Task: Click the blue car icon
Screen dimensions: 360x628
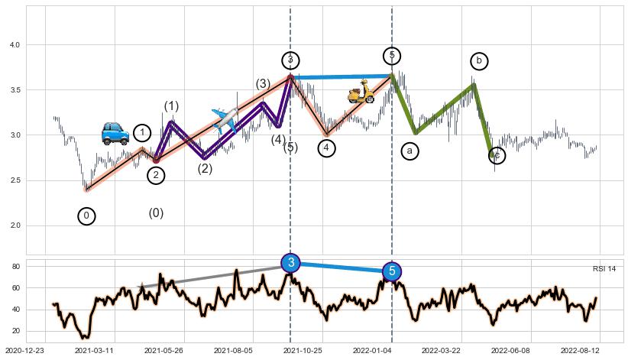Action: (x=115, y=133)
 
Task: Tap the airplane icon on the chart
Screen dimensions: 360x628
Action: (x=224, y=120)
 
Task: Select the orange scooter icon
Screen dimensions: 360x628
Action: (x=361, y=92)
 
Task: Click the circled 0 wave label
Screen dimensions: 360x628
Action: (x=87, y=216)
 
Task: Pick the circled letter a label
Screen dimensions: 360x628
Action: (x=409, y=151)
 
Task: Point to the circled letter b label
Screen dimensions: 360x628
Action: (x=479, y=61)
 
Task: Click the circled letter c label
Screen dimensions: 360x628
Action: (x=497, y=156)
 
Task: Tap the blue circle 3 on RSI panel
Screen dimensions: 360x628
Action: (x=291, y=263)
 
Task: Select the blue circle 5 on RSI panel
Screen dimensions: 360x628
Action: (x=392, y=271)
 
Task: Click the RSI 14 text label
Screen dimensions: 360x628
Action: (x=604, y=269)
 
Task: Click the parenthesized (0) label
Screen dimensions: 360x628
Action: (x=156, y=213)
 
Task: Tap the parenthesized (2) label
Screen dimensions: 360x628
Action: (x=205, y=169)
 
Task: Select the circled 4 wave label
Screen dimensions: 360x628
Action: (x=326, y=148)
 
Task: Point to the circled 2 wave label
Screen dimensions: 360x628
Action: (x=156, y=176)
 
